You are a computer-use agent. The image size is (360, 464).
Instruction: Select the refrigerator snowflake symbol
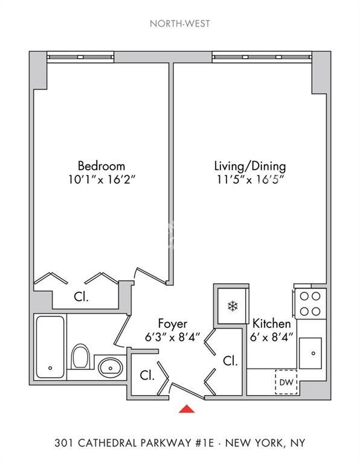[231, 306]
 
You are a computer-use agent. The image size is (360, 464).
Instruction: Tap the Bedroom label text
[101, 166]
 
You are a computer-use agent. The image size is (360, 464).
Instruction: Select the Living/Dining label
[250, 166]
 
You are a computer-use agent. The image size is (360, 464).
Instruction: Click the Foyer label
[173, 323]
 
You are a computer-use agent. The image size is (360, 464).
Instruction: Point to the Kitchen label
[272, 323]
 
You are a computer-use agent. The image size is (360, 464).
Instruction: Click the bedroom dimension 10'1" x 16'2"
[101, 179]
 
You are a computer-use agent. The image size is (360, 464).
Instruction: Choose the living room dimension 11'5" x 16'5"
[250, 179]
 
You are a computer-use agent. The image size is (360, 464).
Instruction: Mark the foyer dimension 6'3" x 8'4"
[173, 337]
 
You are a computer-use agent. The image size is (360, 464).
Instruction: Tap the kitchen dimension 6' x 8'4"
[272, 337]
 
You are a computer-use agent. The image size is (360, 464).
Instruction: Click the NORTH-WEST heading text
[180, 25]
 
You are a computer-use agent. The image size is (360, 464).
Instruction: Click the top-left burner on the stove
[304, 297]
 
